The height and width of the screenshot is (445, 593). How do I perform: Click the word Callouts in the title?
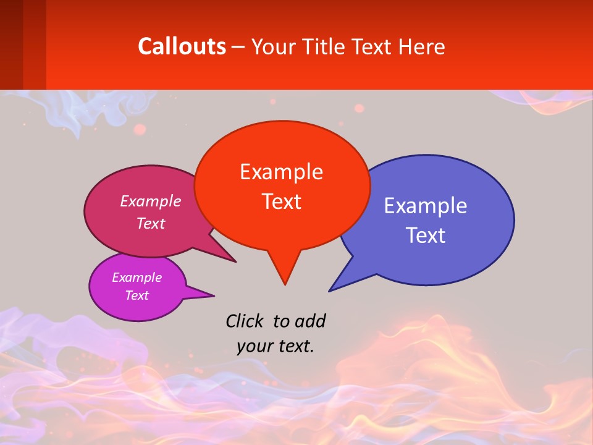click(182, 46)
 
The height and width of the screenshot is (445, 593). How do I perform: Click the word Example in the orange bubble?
click(281, 171)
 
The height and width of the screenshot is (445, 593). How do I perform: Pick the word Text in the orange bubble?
click(281, 201)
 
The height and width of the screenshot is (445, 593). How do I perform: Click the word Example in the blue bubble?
click(426, 205)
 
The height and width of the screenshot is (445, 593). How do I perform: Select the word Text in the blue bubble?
click(426, 235)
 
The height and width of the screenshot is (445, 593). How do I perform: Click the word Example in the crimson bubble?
click(150, 201)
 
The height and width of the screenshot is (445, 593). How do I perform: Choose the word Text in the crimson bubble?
click(150, 223)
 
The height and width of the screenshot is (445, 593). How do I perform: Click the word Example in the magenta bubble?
click(137, 278)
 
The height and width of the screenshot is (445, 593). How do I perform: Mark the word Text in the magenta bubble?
click(137, 295)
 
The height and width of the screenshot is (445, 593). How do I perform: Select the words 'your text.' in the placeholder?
click(275, 346)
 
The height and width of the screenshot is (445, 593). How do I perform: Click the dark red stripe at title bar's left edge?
click(11, 44)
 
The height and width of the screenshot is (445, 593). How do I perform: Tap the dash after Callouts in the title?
click(238, 47)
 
